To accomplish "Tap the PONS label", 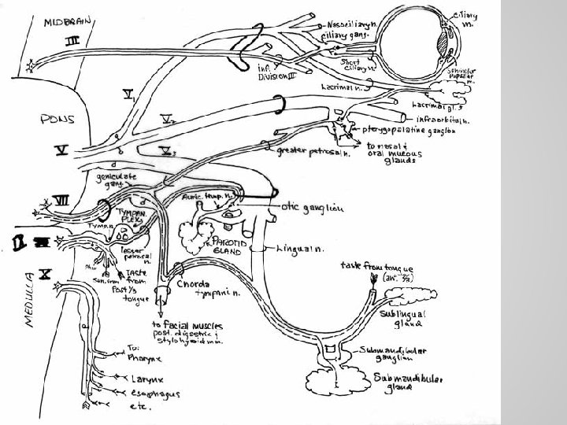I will coord(57,120).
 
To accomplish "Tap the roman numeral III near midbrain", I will coord(70,39).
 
